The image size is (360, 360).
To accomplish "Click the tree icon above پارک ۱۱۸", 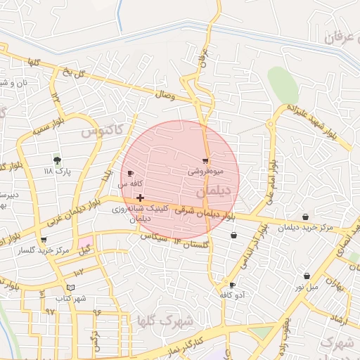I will tap(57, 160).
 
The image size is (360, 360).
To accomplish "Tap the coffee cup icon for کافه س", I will tap(130, 173).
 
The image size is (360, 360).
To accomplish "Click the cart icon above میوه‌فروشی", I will tap(205, 161).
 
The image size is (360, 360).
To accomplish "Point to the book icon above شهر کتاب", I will tap(70, 288).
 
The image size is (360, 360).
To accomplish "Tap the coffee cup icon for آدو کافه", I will tap(233, 285).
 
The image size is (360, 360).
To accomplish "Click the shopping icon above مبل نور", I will tap(307, 276).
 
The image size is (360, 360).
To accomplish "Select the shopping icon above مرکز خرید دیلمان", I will tap(305, 217).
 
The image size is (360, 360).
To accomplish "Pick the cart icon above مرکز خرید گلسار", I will tap(44, 240).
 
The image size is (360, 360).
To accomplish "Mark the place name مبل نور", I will tap(307, 288).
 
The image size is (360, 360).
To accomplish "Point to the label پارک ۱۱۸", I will tap(57, 171).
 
